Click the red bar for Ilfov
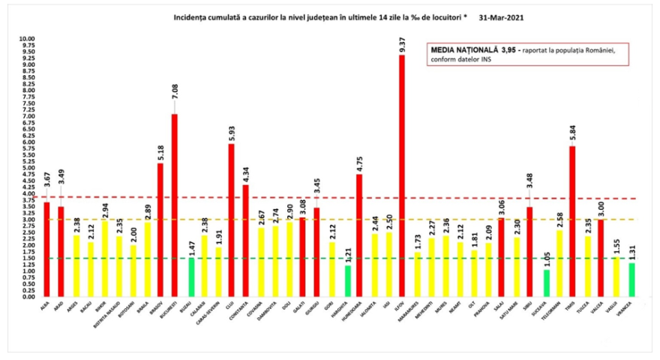click(401, 176)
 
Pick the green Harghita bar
click(346, 281)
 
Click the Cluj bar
click(232, 220)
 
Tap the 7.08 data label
click(175, 101)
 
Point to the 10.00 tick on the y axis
click(27, 39)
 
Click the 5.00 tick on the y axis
click(27, 168)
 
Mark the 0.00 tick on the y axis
click(27, 297)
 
